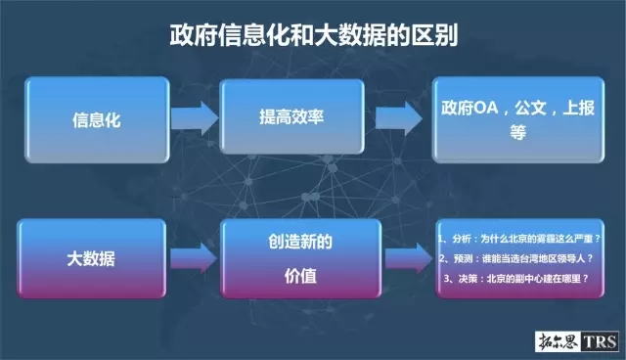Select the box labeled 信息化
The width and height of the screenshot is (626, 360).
(x=96, y=122)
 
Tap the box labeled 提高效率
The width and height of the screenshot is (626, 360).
(x=291, y=118)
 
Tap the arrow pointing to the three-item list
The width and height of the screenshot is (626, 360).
(x=404, y=258)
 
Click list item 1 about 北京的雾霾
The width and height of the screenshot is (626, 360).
(x=518, y=238)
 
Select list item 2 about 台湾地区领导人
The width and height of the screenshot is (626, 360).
(x=518, y=259)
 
